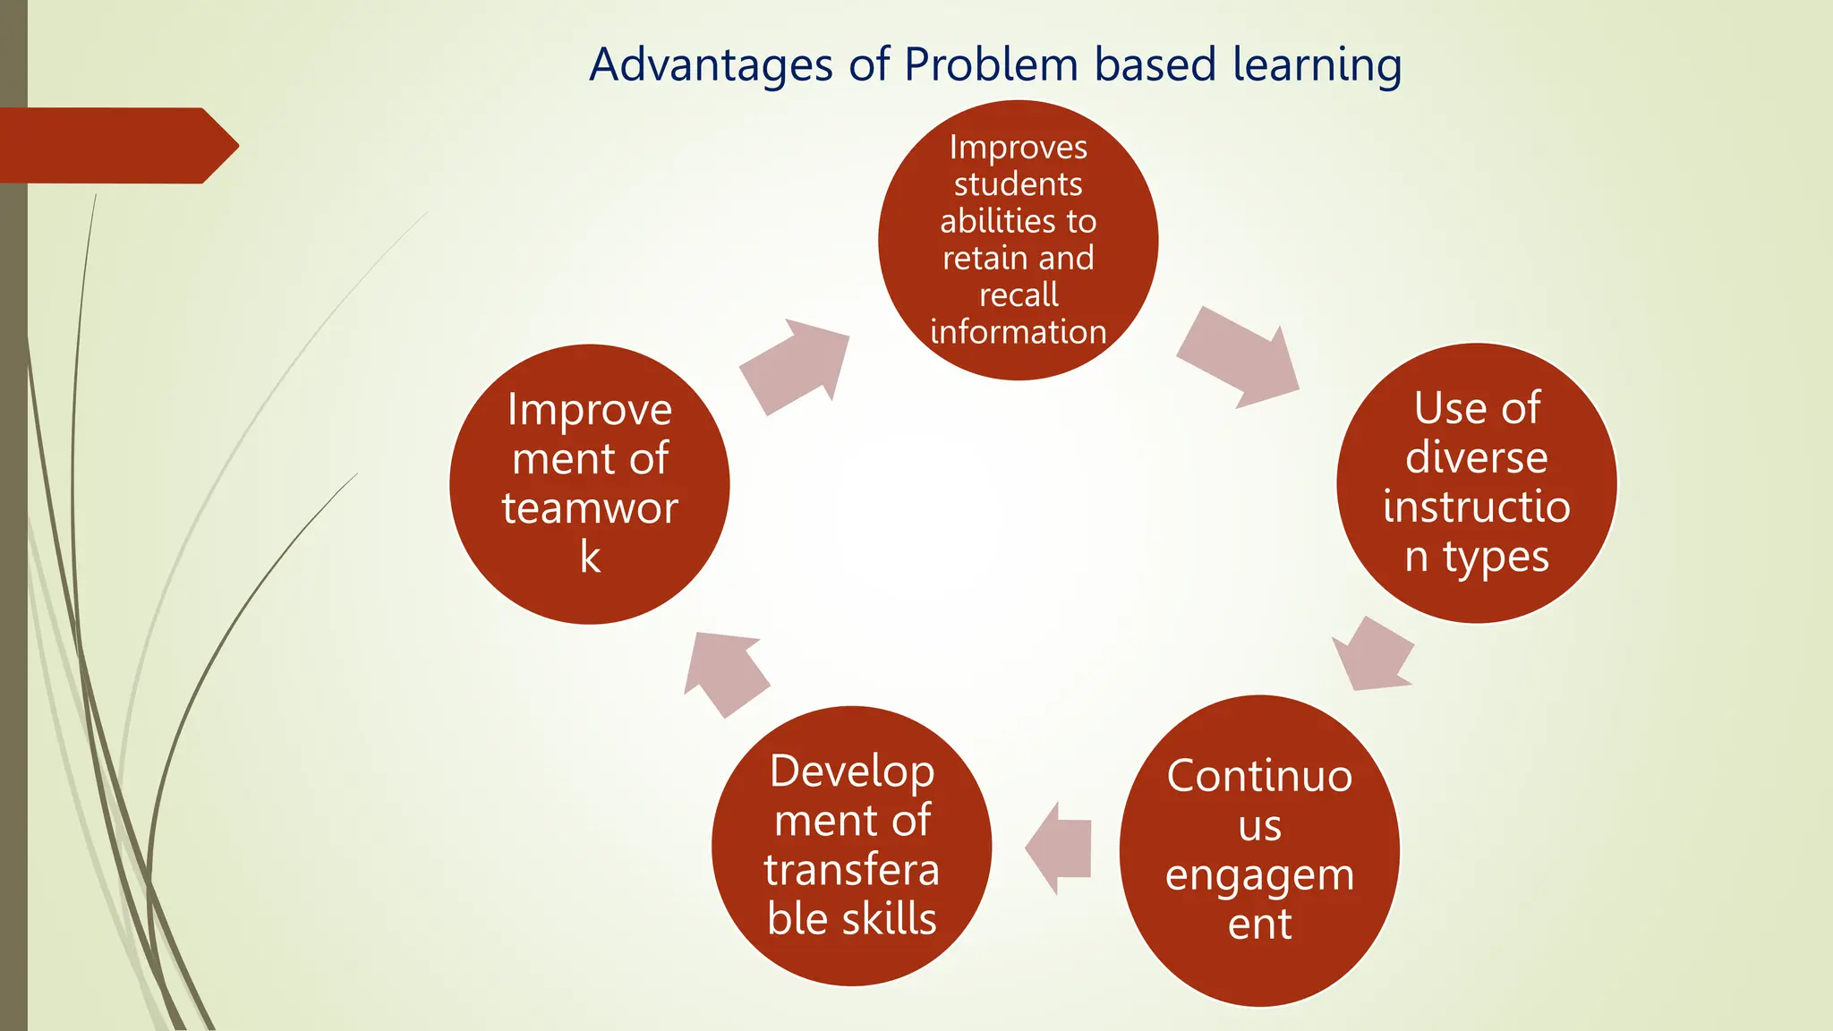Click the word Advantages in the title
pyautogui.click(x=712, y=65)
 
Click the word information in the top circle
pyautogui.click(x=1019, y=332)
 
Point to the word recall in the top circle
pyautogui.click(x=1019, y=294)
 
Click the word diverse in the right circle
pyautogui.click(x=1476, y=457)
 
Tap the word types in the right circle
pyautogui.click(x=1496, y=558)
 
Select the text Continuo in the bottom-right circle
pyautogui.click(x=1259, y=775)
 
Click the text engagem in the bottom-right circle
pyautogui.click(x=1259, y=875)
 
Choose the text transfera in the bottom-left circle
pyautogui.click(x=852, y=870)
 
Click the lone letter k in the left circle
pyautogui.click(x=590, y=558)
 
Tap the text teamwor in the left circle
pyautogui.click(x=590, y=508)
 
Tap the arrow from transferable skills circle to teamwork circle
pyautogui.click(x=725, y=672)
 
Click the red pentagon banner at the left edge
pyautogui.click(x=116, y=146)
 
